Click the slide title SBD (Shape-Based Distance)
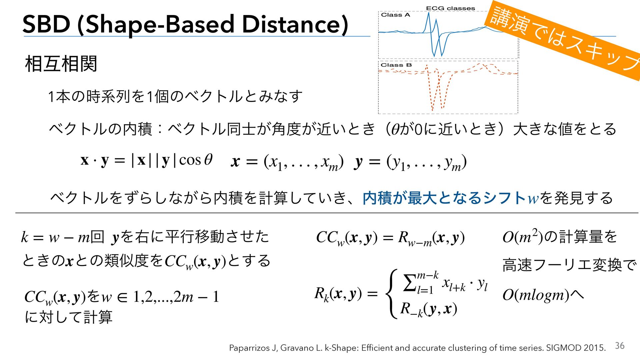coord(185,25)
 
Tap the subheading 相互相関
coord(61,64)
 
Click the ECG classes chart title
coord(450,8)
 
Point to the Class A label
coord(395,15)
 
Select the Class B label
coord(396,65)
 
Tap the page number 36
coord(620,346)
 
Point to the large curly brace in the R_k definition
coord(392,294)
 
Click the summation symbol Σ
coord(410,283)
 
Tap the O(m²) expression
coord(523,236)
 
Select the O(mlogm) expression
coord(536,295)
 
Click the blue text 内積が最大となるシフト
coord(445,198)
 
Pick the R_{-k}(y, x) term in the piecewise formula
coord(428,309)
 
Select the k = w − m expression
coord(55,237)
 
